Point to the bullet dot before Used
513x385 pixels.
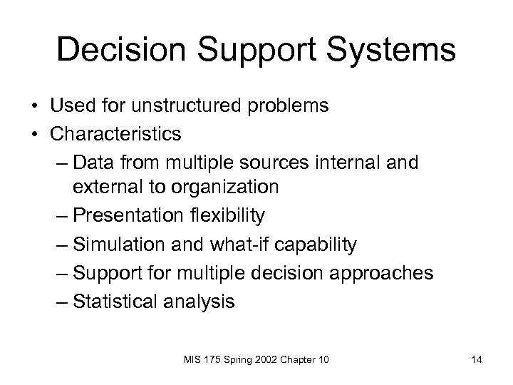pyautogui.click(x=34, y=107)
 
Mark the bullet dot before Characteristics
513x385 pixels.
pyautogui.click(x=34, y=134)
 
